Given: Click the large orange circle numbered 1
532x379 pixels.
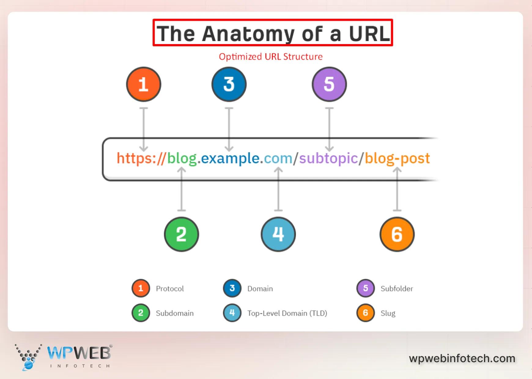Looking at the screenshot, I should click(143, 84).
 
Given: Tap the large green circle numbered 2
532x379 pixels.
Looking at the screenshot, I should click(181, 234).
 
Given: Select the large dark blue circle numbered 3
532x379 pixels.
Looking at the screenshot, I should click(229, 84).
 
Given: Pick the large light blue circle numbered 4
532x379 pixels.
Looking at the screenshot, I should click(278, 234).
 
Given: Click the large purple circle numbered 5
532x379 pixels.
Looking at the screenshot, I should click(329, 84).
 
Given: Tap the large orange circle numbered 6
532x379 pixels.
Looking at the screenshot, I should click(397, 234).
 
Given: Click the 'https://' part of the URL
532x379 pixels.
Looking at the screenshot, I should click(141, 158).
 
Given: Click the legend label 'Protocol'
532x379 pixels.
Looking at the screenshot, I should click(170, 289).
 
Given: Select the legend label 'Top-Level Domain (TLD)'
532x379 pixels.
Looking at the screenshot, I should click(287, 313).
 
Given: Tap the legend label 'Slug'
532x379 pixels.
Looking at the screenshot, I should click(388, 313).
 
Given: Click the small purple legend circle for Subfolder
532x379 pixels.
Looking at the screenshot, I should click(365, 288).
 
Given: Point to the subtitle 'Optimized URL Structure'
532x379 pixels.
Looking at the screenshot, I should click(271, 57).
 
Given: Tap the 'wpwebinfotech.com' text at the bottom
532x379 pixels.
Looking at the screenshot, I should click(462, 358).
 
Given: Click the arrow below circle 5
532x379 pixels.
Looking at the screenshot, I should click(329, 129).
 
